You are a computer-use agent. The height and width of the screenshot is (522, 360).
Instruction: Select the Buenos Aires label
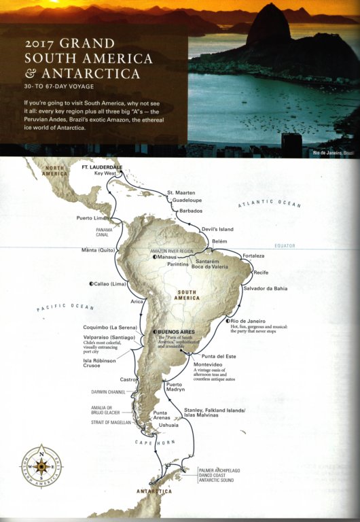[x=177, y=332]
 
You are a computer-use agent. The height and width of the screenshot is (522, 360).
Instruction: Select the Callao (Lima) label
[x=109, y=283]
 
